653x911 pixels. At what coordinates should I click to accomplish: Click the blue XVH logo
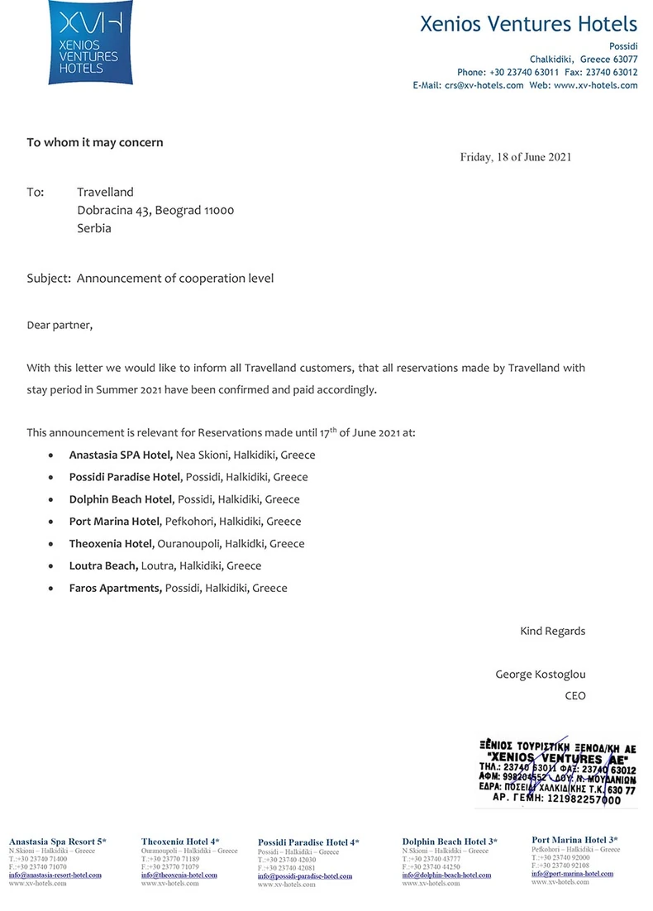(83, 42)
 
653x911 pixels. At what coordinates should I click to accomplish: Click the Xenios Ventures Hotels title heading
(529, 24)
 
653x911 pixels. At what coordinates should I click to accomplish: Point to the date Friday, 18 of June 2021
(515, 157)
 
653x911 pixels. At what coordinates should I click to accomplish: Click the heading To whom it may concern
(95, 142)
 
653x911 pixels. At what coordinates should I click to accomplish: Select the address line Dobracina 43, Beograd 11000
(155, 210)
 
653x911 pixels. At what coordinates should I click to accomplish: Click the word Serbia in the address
(94, 228)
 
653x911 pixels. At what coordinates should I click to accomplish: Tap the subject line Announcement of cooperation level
(175, 279)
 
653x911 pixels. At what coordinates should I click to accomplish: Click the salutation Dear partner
(60, 325)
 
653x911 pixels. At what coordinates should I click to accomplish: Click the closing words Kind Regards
(552, 631)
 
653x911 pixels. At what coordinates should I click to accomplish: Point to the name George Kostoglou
(540, 675)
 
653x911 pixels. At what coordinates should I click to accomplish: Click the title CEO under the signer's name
(574, 696)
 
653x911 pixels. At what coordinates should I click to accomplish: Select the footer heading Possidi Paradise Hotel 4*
(308, 842)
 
